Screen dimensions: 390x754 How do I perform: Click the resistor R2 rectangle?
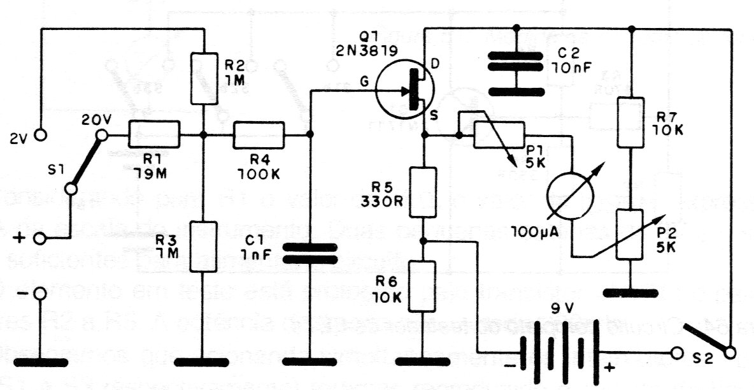(x=203, y=78)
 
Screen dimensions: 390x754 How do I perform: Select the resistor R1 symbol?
(x=154, y=135)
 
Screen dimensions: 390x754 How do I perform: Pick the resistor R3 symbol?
(x=203, y=246)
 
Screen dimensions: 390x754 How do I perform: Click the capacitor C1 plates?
(x=309, y=252)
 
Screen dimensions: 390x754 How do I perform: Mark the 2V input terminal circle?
(x=41, y=135)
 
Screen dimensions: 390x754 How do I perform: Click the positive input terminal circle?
(x=41, y=239)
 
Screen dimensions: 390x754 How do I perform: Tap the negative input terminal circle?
(x=41, y=294)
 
